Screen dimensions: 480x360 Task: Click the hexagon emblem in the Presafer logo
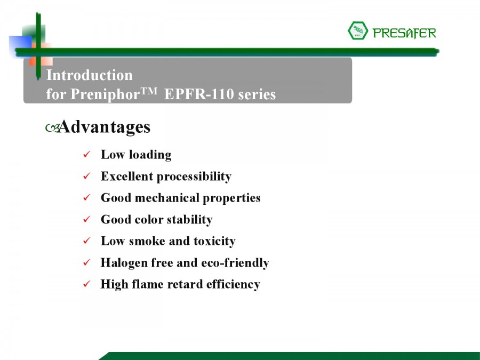(x=358, y=30)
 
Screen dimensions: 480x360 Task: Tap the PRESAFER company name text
(x=404, y=33)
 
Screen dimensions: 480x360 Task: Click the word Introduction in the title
(x=90, y=75)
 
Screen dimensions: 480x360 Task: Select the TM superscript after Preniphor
(x=149, y=91)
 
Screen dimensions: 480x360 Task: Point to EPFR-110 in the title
(x=199, y=94)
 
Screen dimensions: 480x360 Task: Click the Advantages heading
(x=105, y=127)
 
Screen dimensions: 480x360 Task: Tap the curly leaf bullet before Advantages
(x=52, y=127)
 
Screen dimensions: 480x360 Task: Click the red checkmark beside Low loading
(x=86, y=154)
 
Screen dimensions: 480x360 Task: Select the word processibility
(x=194, y=177)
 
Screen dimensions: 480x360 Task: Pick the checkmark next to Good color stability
(x=86, y=219)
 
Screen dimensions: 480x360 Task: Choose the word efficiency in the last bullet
(x=233, y=284)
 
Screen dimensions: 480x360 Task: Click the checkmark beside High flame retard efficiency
(x=86, y=284)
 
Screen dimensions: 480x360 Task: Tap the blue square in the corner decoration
(x=20, y=46)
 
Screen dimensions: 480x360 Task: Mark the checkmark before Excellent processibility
(x=86, y=175)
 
